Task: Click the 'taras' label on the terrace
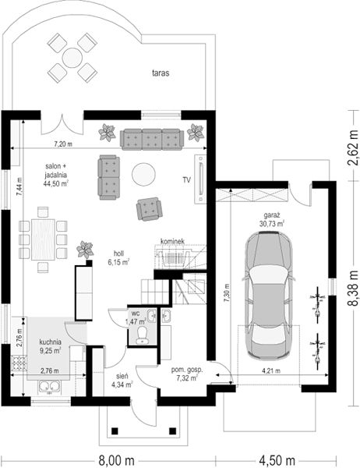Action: coord(161,73)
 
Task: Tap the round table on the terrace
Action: coord(72,58)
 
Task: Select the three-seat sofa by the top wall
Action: coord(152,140)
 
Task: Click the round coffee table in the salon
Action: coord(143,175)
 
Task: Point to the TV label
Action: coord(187,180)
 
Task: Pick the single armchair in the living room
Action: coord(149,209)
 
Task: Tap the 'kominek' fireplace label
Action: coord(172,241)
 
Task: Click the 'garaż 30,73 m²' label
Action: coord(271,219)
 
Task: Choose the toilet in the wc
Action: coord(142,335)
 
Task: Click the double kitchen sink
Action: coord(50,387)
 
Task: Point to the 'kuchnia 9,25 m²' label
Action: coord(51,346)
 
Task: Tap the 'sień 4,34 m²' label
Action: coord(122,381)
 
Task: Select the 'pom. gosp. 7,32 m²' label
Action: coord(187,374)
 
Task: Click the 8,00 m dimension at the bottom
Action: coord(116,460)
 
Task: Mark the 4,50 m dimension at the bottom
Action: coord(277,460)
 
